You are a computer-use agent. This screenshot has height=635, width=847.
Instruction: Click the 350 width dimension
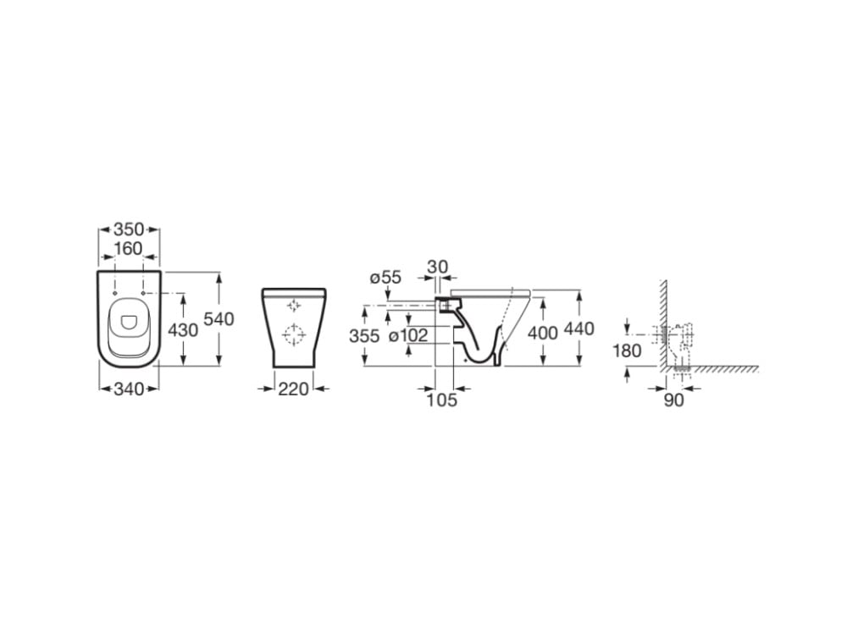click(x=129, y=229)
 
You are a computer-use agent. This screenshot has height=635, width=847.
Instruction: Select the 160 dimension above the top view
click(x=128, y=249)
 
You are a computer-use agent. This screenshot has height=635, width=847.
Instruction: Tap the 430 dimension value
click(x=183, y=330)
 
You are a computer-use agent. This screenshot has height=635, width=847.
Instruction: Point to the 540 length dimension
click(x=219, y=319)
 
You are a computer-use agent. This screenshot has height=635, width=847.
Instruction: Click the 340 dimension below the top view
click(x=129, y=389)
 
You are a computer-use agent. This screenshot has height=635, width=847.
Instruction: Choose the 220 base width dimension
click(x=293, y=389)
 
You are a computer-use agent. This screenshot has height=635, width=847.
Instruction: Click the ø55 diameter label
click(x=385, y=278)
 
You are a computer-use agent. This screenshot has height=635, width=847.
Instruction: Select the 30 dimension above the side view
click(x=438, y=268)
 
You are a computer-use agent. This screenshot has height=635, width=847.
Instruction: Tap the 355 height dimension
click(x=364, y=336)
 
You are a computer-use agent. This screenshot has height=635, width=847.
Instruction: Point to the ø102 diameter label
click(x=408, y=335)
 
